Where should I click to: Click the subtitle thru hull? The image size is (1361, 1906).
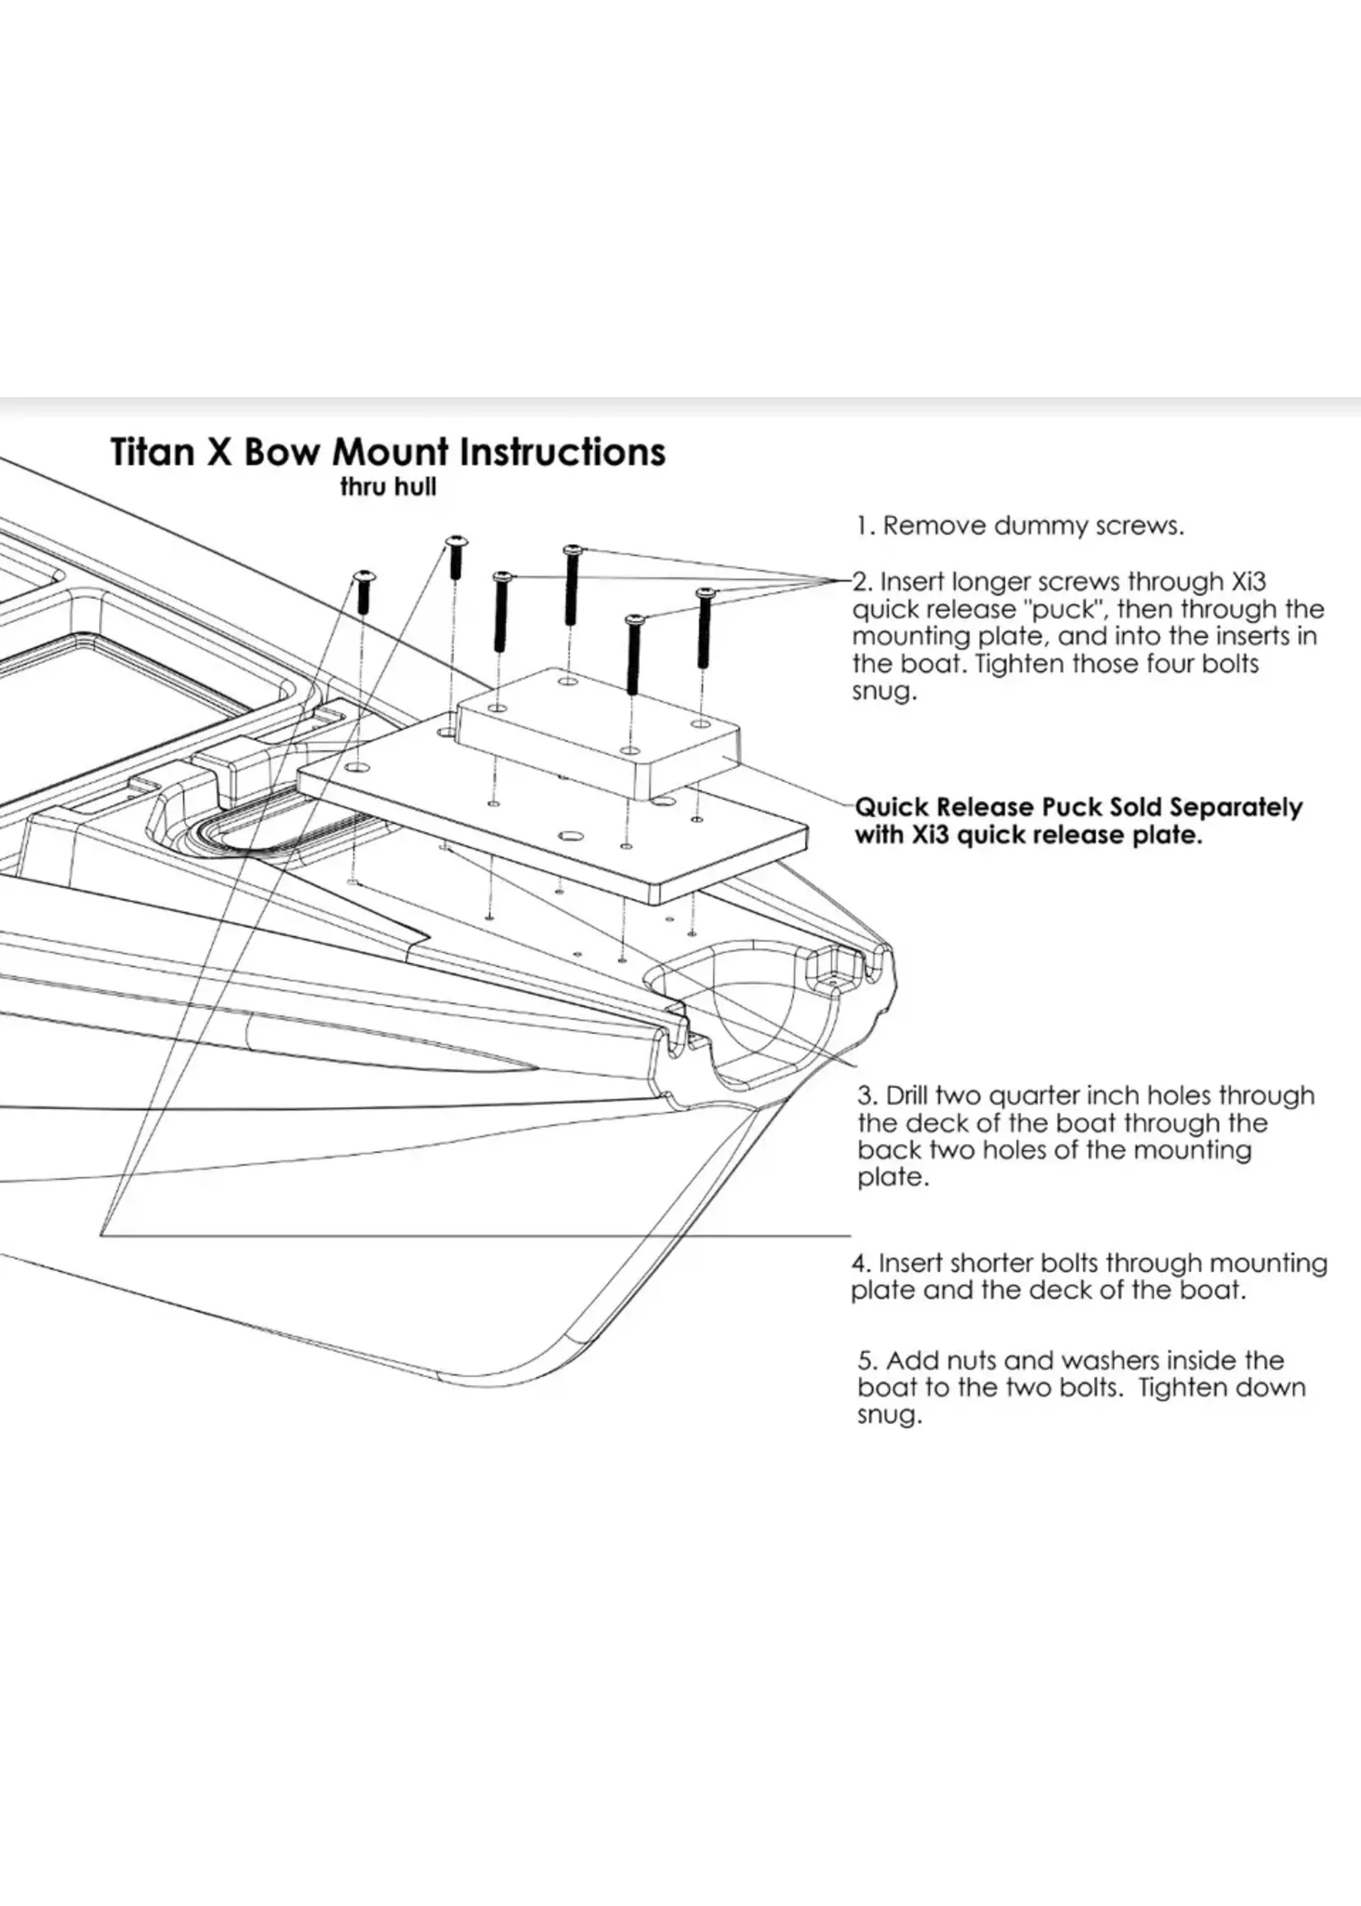tap(388, 487)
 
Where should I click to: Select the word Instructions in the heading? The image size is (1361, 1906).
tap(564, 452)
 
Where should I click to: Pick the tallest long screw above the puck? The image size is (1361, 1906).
tap(572, 583)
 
